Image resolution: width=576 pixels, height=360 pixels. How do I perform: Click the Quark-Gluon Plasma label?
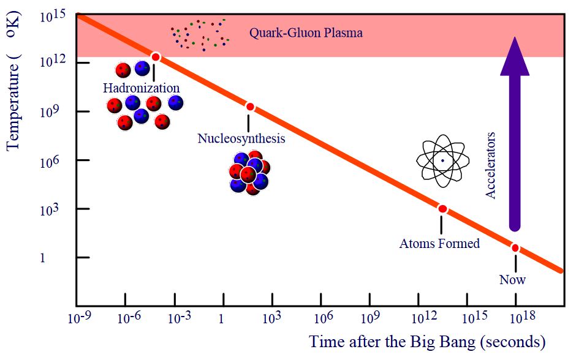[305, 32]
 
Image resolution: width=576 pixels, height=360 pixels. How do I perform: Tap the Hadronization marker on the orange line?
[156, 57]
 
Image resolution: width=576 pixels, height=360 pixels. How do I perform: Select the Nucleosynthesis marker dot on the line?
[249, 107]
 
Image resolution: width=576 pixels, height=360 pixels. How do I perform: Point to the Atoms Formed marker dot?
[442, 209]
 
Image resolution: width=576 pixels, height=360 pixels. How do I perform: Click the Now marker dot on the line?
[515, 247]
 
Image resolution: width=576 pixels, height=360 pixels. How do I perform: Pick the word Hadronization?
[141, 88]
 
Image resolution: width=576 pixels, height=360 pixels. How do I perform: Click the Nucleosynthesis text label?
[241, 138]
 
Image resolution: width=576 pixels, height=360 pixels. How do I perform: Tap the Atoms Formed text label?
[439, 244]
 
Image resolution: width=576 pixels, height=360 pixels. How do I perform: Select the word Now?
[512, 280]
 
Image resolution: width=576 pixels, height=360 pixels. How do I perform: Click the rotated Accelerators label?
[490, 165]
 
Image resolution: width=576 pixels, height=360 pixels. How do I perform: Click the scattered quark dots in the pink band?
[200, 34]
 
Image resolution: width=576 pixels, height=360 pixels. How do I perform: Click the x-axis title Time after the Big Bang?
[426, 342]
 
